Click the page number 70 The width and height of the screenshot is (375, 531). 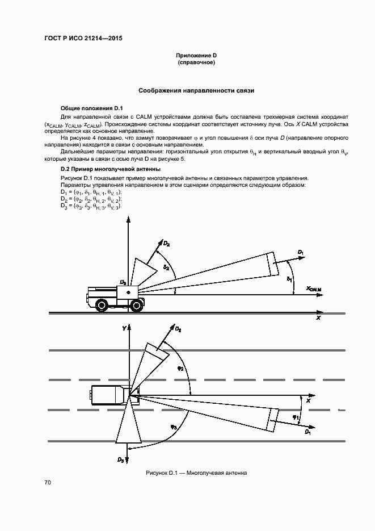coord(48,483)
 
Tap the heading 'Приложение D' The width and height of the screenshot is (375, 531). coord(196,55)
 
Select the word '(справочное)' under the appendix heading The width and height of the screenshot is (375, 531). coord(196,62)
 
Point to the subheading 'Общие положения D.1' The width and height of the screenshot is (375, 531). coord(88,108)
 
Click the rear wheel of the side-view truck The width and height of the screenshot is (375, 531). coord(102,306)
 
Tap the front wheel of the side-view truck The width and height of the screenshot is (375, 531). coord(136,306)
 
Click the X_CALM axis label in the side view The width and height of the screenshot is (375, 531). coord(314,289)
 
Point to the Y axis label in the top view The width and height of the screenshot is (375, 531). coord(123,328)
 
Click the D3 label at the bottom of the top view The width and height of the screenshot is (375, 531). coord(121,459)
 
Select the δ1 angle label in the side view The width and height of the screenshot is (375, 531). coord(289,279)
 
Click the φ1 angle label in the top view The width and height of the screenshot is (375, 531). coord(296,417)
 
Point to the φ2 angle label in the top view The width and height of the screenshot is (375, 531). coord(181,367)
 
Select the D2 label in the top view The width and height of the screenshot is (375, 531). coord(178,329)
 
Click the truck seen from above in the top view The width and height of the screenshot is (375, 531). coord(109,394)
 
